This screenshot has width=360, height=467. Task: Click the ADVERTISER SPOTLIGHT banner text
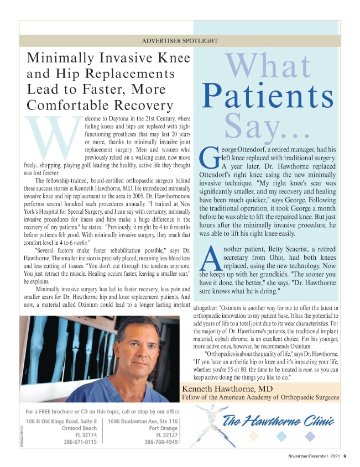(x=180, y=41)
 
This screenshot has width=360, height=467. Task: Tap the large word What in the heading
(x=268, y=65)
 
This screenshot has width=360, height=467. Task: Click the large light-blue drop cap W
(x=54, y=136)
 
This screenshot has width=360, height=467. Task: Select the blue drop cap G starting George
(x=208, y=158)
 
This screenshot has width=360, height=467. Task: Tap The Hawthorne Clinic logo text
(x=278, y=423)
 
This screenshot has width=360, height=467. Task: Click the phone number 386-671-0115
(x=80, y=442)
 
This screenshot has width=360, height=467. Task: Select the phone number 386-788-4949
(x=161, y=442)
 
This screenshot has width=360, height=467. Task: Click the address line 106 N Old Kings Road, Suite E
(x=61, y=421)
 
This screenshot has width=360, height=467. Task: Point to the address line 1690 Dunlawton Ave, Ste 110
(x=143, y=421)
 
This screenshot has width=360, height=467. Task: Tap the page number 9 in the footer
(x=344, y=456)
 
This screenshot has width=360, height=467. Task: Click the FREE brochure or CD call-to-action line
(x=103, y=411)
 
